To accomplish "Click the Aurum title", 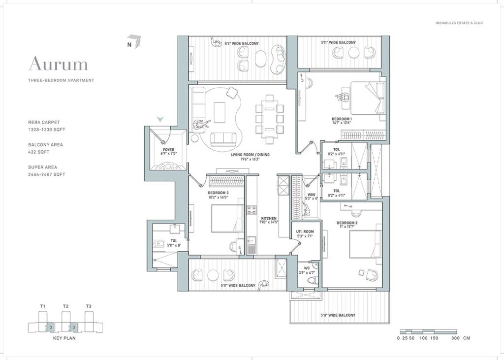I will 58,64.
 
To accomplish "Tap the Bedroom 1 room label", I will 341,119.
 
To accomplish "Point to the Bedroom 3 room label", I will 218,193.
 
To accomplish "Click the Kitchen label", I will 269,218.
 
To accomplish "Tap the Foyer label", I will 168,150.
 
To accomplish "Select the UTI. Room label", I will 305,231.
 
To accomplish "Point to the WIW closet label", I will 311,195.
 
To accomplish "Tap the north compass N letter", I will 129,45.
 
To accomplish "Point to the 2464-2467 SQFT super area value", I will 47,174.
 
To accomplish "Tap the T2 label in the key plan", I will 65,306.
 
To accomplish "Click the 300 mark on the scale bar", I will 455,338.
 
